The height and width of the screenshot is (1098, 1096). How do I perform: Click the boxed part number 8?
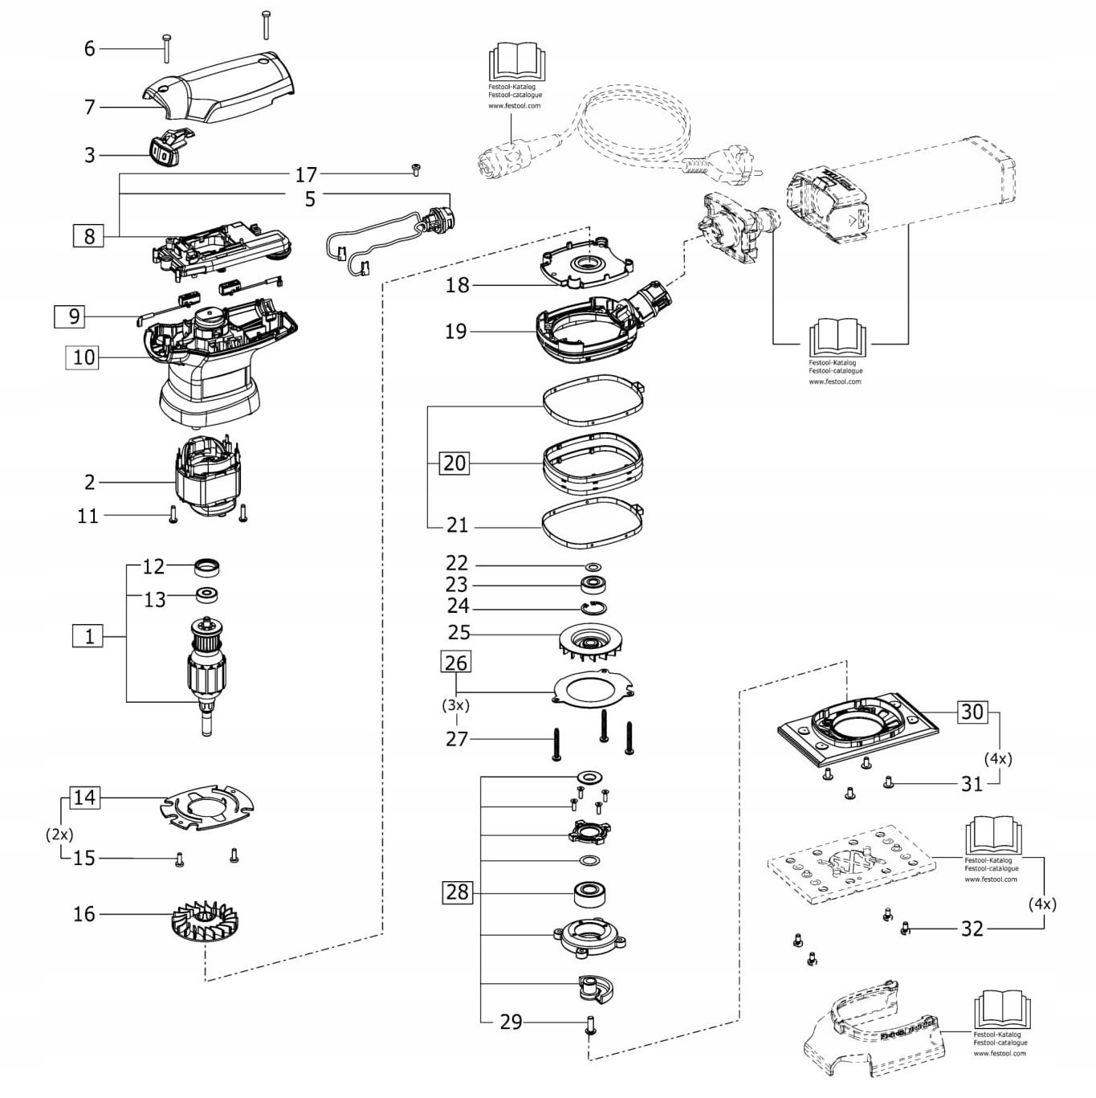point(88,236)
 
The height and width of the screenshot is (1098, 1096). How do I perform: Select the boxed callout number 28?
point(458,892)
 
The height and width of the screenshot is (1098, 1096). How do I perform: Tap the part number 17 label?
point(306,174)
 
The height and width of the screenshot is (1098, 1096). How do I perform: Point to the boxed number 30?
point(972,712)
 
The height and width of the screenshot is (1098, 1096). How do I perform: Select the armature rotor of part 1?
point(206,676)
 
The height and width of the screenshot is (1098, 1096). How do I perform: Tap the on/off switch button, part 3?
point(169,148)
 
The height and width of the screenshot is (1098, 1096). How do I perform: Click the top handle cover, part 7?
point(218,88)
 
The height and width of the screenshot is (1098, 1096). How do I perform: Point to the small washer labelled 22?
point(593,566)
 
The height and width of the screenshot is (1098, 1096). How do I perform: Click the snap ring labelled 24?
point(594,608)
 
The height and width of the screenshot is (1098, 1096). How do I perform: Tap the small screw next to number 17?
point(416,169)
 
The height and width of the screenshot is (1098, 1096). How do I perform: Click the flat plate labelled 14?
point(207,807)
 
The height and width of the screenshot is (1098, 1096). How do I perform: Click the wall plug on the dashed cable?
point(723,165)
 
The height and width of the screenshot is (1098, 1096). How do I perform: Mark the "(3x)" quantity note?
point(456,705)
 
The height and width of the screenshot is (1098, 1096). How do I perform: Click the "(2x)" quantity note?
point(59,835)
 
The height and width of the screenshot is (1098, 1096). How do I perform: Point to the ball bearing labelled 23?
point(593,586)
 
